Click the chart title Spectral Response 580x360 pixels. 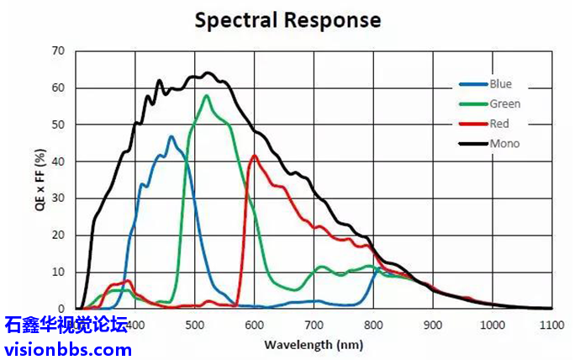tap(287, 19)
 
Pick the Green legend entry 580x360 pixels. tap(504, 104)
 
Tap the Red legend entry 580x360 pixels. tap(499, 124)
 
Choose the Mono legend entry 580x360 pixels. tap(504, 144)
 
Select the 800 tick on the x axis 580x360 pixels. tap(374, 326)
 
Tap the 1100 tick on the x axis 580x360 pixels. tap(551, 326)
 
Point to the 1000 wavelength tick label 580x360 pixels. tap(492, 326)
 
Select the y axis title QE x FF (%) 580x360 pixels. tap(40, 180)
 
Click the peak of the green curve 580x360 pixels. tap(207, 95)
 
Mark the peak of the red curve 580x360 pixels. tap(254, 156)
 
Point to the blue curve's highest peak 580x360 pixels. tap(171, 136)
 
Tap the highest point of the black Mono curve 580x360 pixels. tap(207, 73)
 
